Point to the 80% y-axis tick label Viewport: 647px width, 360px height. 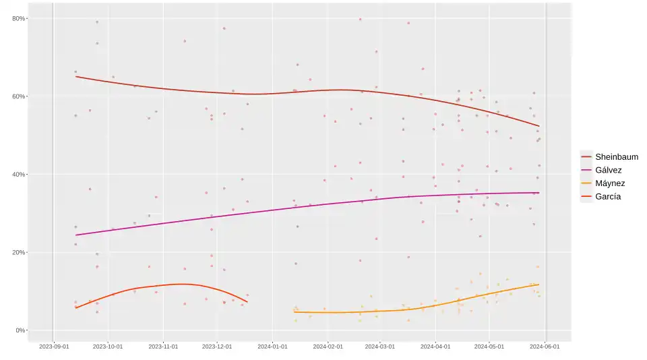pyautogui.click(x=18, y=18)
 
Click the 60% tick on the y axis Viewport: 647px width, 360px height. pyautogui.click(x=18, y=96)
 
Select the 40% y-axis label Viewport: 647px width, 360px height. pyautogui.click(x=18, y=175)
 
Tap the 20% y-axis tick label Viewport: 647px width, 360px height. pyautogui.click(x=18, y=253)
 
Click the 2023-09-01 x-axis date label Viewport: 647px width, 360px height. pyautogui.click(x=54, y=347)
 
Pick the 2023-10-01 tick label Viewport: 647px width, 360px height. pyautogui.click(x=108, y=347)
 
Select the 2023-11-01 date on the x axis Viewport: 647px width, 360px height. pyautogui.click(x=163, y=347)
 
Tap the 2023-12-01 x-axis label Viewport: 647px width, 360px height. pyautogui.click(x=216, y=347)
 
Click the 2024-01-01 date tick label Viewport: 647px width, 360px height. pyautogui.click(x=272, y=347)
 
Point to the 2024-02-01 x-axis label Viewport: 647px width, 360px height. pyautogui.click(x=328, y=347)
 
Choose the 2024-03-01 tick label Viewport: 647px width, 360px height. pyautogui.click(x=380, y=347)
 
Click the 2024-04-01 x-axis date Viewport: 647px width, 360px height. pyautogui.click(x=435, y=347)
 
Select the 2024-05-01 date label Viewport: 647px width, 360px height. pyautogui.click(x=489, y=347)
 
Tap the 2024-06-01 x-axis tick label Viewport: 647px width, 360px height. pyautogui.click(x=545, y=347)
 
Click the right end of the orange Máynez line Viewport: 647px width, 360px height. pyautogui.click(x=538, y=284)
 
